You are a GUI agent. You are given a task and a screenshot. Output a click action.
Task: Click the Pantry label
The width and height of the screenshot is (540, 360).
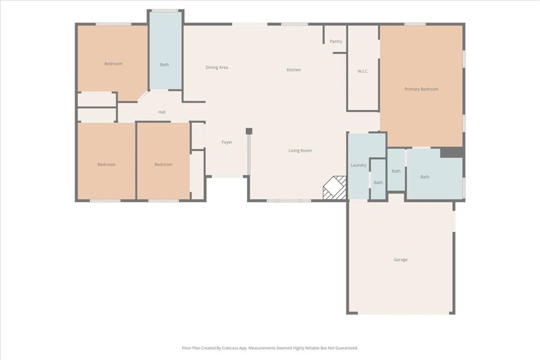336,41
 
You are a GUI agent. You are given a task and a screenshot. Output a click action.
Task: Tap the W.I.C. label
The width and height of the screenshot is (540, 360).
363,71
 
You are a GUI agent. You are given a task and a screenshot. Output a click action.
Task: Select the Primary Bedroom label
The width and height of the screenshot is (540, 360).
421,89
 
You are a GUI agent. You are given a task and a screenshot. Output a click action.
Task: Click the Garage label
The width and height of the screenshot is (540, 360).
401,259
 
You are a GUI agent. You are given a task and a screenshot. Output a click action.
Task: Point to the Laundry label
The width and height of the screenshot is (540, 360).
359,165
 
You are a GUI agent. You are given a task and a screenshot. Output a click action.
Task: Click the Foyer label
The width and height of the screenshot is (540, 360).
227,142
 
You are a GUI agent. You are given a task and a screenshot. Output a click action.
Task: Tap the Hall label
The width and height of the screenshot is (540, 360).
162,112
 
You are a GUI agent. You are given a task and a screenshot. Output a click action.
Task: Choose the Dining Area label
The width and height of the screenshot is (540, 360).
217,67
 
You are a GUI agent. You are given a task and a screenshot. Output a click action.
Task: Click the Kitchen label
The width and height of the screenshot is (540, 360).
294,70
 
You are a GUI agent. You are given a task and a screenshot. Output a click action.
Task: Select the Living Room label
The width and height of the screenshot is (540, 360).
300,150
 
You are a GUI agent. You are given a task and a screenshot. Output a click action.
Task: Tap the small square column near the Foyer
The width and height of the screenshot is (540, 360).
249,131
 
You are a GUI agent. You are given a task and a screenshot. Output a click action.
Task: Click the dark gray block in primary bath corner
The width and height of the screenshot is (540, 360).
451,153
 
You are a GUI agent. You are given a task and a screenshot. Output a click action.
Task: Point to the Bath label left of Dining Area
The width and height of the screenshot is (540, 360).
165,65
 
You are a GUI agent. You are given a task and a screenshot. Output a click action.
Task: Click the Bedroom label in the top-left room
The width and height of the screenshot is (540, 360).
113,64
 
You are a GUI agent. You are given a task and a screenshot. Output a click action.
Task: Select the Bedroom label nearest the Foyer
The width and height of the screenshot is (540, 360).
163,164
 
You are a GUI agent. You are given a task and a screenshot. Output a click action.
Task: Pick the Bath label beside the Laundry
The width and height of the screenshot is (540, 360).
378,183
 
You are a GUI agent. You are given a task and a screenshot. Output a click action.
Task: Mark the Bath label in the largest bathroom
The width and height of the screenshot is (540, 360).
425,177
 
